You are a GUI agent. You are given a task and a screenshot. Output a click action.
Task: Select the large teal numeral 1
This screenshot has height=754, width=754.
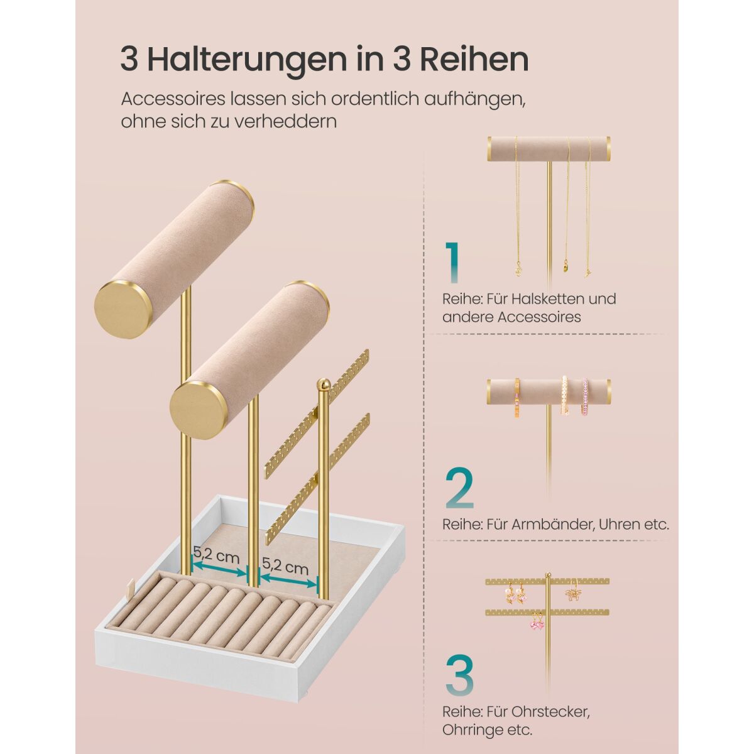452,262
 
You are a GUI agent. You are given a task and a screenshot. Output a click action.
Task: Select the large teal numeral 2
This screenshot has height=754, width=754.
459,488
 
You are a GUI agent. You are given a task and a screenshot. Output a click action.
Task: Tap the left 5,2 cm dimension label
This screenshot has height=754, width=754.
216,554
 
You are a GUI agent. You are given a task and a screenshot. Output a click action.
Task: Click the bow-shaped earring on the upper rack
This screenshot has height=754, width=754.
572,595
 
